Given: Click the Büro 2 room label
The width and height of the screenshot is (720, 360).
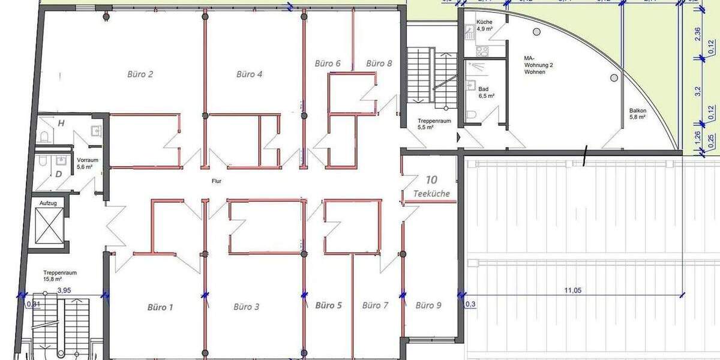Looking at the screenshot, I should coord(140,74).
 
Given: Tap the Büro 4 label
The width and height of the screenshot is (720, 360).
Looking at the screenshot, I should coord(249,74).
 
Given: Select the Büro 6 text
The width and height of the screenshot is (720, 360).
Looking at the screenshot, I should coord(328,63).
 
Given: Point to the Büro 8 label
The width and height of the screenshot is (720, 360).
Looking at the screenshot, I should coord(379,63).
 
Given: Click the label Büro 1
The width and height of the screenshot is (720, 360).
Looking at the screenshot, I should coord(160,307).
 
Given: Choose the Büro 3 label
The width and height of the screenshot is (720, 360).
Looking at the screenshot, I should coord(246,307).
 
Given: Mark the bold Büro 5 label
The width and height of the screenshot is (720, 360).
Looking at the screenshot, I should coord(328,305).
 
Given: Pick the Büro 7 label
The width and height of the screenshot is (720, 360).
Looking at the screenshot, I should coord(376,305).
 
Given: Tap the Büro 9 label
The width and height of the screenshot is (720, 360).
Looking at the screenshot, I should coord(428,305).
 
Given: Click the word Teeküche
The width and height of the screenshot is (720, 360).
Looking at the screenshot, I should coord(431,194).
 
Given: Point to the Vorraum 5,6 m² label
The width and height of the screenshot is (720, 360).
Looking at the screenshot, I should coord(87,164).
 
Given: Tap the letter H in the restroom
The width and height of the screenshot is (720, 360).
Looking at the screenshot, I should coord(61,123).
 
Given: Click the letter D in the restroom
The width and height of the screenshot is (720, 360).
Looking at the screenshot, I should coord(59,175).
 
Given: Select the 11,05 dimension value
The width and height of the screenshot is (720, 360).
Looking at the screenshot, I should coord(573,290).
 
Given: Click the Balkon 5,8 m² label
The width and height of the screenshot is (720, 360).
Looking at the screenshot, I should coord(637,113).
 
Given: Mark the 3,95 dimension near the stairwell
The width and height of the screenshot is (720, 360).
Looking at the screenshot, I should coord(65,290).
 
